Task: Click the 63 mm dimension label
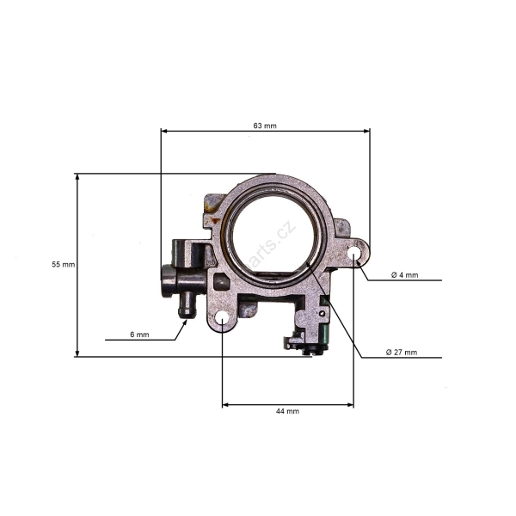[x=265, y=126]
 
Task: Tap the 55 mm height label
[x=64, y=265]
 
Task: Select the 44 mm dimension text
[x=287, y=412]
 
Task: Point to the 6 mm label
[x=139, y=334]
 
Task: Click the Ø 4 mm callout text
[x=404, y=275]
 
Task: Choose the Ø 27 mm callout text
[x=402, y=353]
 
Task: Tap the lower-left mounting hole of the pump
[x=222, y=319]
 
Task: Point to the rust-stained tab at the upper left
[x=210, y=205]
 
